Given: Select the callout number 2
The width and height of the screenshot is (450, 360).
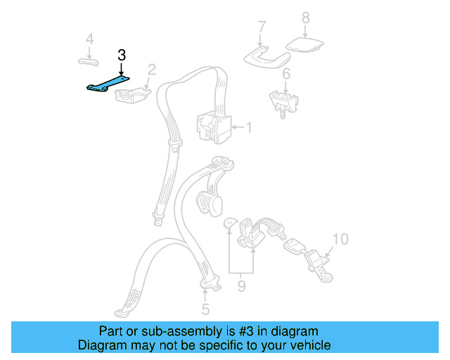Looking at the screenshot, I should pos(151,69).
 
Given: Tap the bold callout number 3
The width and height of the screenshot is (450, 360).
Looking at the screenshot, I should pos(122,54).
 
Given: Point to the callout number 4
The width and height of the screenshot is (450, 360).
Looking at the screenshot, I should pos(89,39).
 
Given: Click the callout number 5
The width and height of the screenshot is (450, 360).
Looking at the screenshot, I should pos(205,309).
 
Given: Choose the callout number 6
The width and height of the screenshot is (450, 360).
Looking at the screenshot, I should pos(286,75).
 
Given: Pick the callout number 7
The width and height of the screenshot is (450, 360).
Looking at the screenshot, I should pos(262,27).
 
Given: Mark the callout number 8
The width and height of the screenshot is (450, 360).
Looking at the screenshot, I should pos(305,18).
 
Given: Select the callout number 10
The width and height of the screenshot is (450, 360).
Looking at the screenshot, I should pos(340,240).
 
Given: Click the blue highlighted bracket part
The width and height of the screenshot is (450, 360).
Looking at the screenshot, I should pos(108,85).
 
